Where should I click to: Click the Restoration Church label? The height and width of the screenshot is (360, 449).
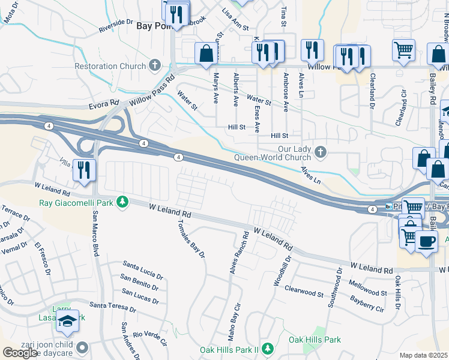[x=110, y=66]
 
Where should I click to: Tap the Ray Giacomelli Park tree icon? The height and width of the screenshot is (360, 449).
[x=122, y=202]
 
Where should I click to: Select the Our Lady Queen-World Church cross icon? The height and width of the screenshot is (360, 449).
[x=321, y=152]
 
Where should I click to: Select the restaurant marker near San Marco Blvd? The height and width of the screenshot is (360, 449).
[x=83, y=170]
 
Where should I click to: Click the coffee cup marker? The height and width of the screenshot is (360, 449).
[x=426, y=241]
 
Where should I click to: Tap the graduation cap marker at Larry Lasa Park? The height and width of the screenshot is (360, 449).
[x=67, y=322]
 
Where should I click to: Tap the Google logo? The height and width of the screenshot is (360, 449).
[x=20, y=353]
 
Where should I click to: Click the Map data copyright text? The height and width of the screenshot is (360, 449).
[x=424, y=355]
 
